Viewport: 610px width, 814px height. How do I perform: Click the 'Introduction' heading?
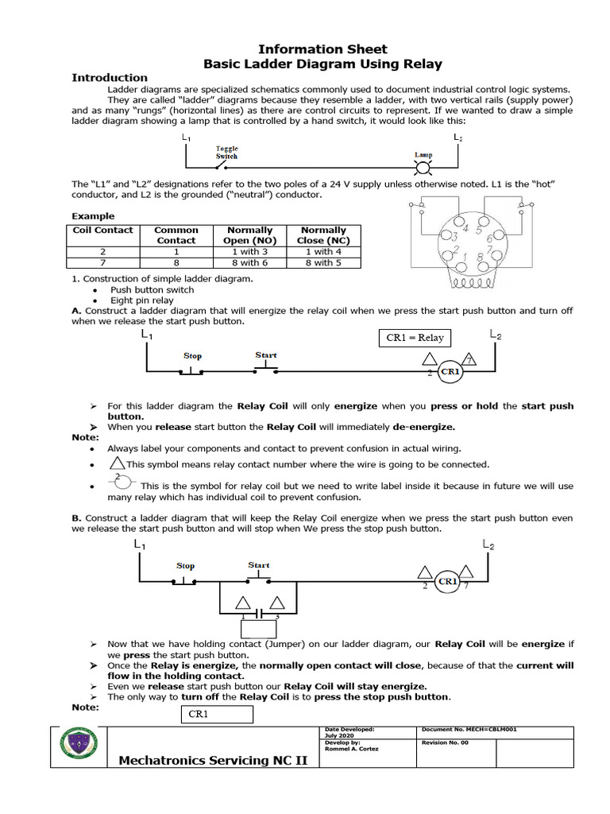pyautogui.click(x=110, y=77)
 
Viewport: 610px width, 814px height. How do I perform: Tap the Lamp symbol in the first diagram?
pyautogui.click(x=423, y=169)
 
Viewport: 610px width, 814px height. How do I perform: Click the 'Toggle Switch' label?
pyautogui.click(x=227, y=152)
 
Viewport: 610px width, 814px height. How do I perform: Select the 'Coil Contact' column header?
pyautogui.click(x=103, y=230)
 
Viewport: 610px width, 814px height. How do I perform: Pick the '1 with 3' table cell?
pyautogui.click(x=249, y=251)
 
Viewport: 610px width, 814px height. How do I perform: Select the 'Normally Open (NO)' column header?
pyautogui.click(x=249, y=235)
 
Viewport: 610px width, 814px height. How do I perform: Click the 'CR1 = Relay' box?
pyautogui.click(x=415, y=338)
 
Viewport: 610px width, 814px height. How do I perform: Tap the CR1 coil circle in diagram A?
pyautogui.click(x=450, y=371)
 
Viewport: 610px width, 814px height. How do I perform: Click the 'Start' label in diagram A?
pyautogui.click(x=266, y=355)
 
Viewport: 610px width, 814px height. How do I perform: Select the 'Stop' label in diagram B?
pyautogui.click(x=185, y=566)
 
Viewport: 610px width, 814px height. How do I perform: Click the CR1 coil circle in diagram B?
pyautogui.click(x=448, y=581)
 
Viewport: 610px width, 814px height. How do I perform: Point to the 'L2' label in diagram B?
pyautogui.click(x=488, y=545)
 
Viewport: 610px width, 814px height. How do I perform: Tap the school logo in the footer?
pyautogui.click(x=79, y=746)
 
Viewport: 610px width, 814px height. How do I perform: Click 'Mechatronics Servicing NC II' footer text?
pyautogui.click(x=212, y=761)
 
